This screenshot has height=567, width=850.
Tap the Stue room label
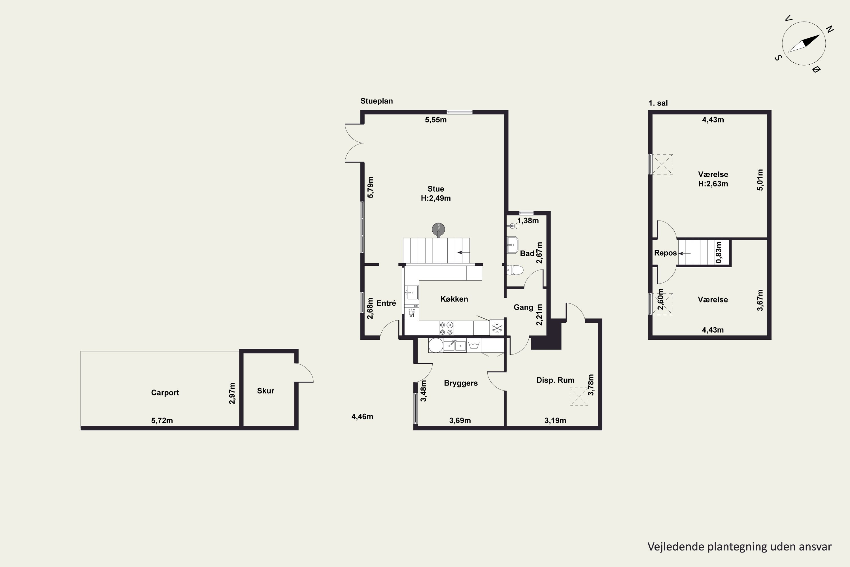point(435,189)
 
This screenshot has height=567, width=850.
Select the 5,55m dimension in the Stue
point(435,120)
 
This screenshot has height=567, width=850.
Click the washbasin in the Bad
point(513,245)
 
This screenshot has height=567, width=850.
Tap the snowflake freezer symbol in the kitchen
point(497,328)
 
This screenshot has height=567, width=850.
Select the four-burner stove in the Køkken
point(446,328)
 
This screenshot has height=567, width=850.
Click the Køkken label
point(454,299)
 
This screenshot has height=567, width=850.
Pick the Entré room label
point(386,303)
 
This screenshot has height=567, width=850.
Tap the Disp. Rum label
point(555,380)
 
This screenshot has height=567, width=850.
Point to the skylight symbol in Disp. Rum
point(579,396)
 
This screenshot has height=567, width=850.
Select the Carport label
point(165,392)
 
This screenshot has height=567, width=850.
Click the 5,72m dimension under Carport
point(162,420)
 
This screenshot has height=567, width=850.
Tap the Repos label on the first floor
point(665,253)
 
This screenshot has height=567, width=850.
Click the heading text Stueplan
point(377,101)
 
